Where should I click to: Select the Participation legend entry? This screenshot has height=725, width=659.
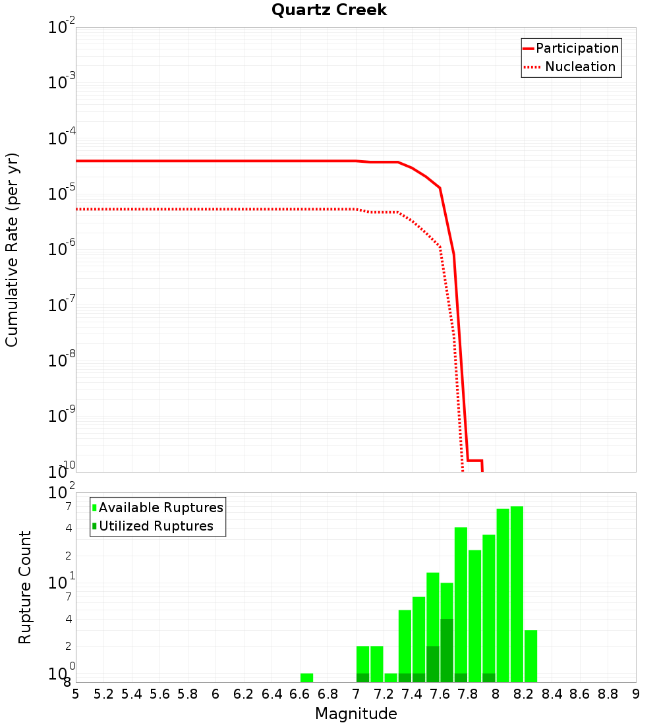571,48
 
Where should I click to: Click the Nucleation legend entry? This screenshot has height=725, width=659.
571,67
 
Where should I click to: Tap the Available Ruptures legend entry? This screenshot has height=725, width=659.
158,507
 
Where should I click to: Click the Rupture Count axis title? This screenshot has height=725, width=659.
25,587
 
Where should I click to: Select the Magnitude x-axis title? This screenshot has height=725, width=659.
356,714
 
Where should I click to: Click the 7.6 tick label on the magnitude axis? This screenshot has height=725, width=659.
440,694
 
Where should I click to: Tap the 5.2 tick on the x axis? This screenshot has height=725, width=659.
103,694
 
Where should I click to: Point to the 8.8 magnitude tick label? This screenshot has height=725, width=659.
608,694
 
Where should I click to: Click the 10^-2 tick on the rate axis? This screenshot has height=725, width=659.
62,28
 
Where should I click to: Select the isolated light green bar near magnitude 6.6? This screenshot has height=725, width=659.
306,678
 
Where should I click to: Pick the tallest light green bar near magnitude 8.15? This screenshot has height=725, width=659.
517,593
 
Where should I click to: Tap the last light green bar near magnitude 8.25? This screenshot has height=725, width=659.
530,656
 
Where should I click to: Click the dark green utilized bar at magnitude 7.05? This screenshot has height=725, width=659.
362,678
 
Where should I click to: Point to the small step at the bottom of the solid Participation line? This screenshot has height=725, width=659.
475,460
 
